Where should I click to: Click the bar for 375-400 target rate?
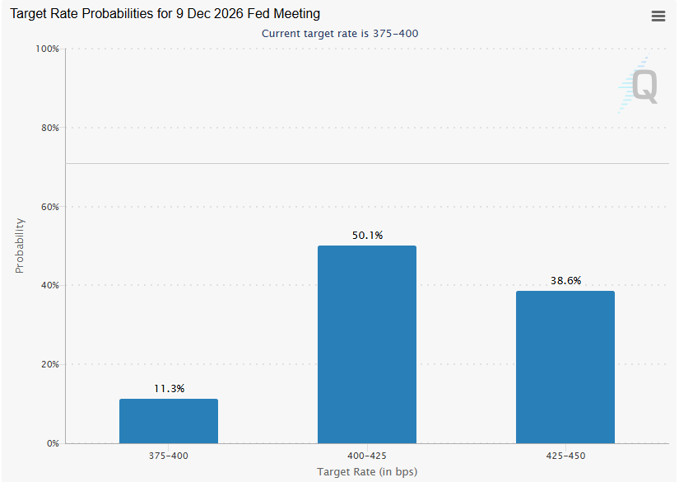(x=169, y=421)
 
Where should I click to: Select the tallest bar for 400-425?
(x=367, y=344)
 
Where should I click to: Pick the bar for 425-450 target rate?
(x=565, y=367)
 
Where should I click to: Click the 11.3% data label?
(x=169, y=388)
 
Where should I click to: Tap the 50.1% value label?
(x=367, y=236)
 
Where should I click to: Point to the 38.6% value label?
(x=565, y=280)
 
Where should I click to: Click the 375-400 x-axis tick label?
(x=169, y=456)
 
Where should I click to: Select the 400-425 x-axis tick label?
(x=367, y=456)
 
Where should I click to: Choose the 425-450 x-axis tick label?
(x=565, y=456)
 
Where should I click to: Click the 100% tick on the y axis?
(x=47, y=49)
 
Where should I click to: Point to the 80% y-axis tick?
(x=50, y=128)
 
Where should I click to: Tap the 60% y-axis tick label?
(x=50, y=207)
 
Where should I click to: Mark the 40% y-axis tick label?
(x=50, y=285)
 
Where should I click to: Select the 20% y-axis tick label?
(x=50, y=364)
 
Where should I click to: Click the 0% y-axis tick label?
(x=53, y=443)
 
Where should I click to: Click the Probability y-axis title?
(x=20, y=246)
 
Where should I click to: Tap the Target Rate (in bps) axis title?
(x=367, y=471)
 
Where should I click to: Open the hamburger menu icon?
(x=658, y=16)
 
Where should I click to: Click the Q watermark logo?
(x=639, y=86)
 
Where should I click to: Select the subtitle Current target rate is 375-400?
(x=340, y=34)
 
